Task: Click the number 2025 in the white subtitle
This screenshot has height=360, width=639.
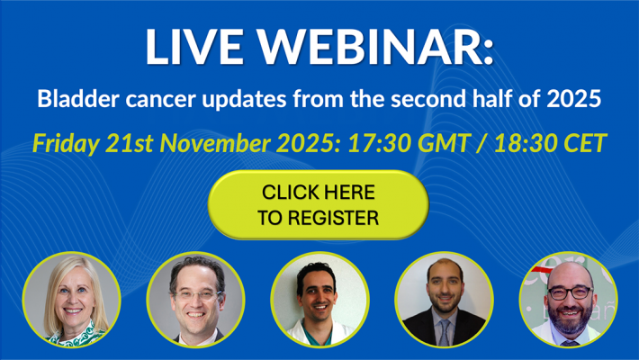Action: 573,99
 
